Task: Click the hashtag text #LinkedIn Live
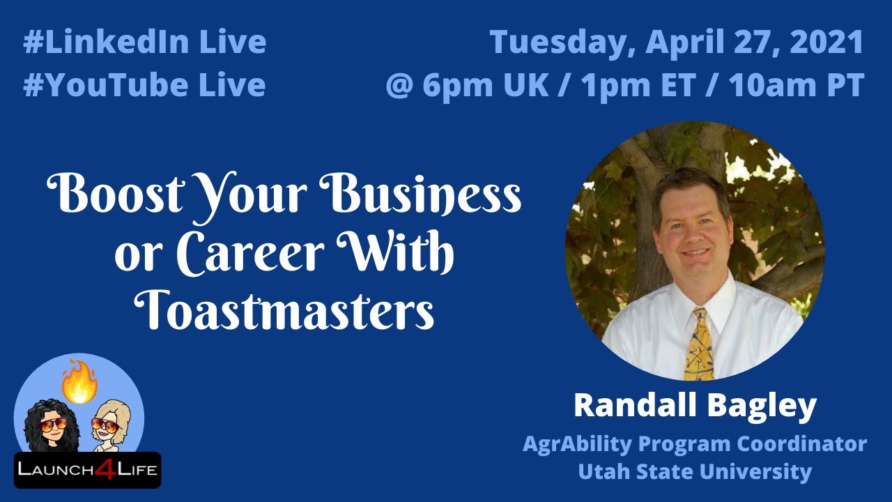144,43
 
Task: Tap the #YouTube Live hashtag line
144,85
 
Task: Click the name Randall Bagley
694,406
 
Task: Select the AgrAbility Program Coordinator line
694,443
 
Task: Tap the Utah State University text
694,472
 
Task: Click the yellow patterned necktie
699,345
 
